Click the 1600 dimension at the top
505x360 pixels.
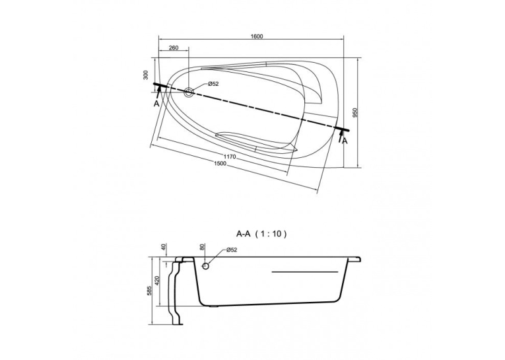click(257, 36)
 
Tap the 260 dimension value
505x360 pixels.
click(173, 48)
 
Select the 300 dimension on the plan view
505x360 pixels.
click(146, 75)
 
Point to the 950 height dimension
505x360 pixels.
click(356, 112)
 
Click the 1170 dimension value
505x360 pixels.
click(230, 157)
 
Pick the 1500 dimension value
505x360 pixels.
click(220, 163)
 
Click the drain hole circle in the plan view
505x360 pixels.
click(188, 92)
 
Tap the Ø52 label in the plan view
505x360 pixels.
click(213, 84)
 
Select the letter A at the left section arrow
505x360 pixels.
click(156, 104)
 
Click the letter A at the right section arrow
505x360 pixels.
click(345, 141)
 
